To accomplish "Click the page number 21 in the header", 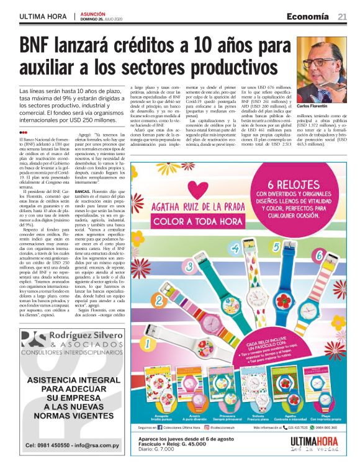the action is tap(342, 17).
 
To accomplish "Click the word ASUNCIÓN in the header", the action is tap(92, 12).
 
